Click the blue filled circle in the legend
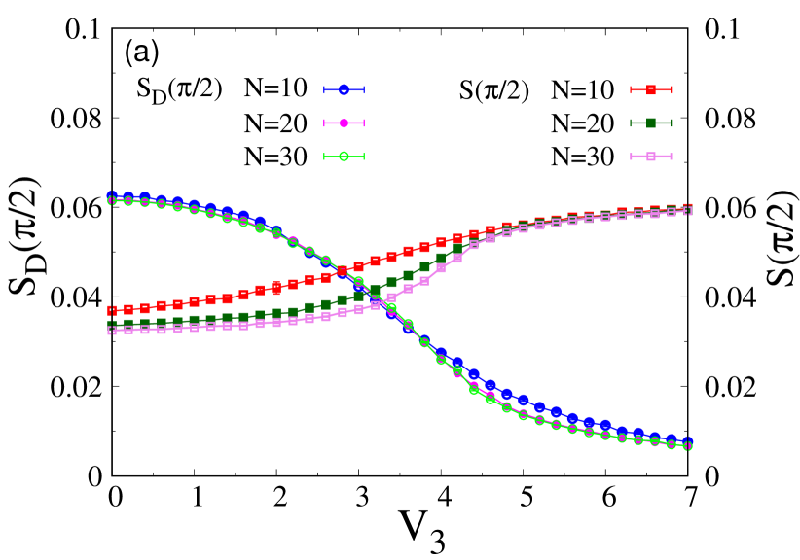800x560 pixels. tap(344, 89)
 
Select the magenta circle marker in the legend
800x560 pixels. tap(344, 122)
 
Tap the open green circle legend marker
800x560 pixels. tap(344, 156)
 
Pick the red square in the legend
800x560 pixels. tap(651, 89)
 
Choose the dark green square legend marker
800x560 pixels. tap(651, 122)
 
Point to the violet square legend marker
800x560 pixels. tap(651, 156)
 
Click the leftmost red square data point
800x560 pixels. tap(112, 310)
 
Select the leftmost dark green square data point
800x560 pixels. tap(112, 325)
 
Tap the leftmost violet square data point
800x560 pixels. tap(112, 331)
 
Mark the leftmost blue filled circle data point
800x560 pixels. tap(112, 196)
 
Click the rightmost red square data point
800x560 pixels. tap(688, 208)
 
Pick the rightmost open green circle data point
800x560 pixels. tap(688, 445)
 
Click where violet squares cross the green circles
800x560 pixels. tap(389, 302)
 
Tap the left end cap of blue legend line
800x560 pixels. tap(324, 89)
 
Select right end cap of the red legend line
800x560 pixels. tap(671, 89)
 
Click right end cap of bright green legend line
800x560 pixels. tap(363, 156)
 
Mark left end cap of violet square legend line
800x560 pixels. tap(632, 156)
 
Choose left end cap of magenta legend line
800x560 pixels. tap(324, 122)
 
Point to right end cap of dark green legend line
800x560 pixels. tap(671, 122)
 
